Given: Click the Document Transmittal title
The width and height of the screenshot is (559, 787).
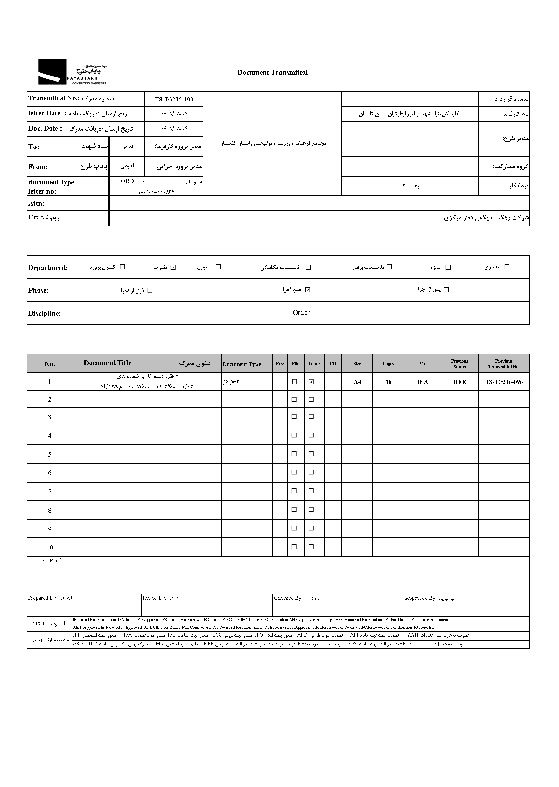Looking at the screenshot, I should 272,73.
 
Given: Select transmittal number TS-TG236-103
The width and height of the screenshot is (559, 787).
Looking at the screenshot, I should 174,99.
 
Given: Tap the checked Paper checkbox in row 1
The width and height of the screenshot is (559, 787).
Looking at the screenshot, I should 312,381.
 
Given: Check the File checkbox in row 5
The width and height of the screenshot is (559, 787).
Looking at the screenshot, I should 294,454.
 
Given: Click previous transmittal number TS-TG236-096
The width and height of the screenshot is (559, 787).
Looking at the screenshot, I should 504,382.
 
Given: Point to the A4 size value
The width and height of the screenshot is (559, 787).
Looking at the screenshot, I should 357,382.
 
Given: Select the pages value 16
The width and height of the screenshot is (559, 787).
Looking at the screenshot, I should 388,382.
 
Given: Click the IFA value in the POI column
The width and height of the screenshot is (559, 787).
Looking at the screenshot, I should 422,382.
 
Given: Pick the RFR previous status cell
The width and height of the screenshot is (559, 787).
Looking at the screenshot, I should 460,382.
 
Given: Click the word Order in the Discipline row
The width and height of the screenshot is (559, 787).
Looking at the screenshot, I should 301,313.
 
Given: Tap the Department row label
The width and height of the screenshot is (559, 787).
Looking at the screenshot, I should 48,268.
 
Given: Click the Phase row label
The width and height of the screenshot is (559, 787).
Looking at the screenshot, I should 38,290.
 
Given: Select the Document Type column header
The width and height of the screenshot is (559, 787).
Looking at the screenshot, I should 242,364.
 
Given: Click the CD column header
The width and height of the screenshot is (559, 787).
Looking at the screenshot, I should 333,364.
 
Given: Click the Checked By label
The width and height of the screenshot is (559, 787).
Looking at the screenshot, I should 288,598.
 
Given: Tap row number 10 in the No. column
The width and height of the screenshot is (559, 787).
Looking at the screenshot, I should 50,548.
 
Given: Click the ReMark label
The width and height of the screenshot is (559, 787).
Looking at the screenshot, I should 53,561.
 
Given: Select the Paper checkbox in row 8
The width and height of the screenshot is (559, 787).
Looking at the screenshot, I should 311,509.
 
